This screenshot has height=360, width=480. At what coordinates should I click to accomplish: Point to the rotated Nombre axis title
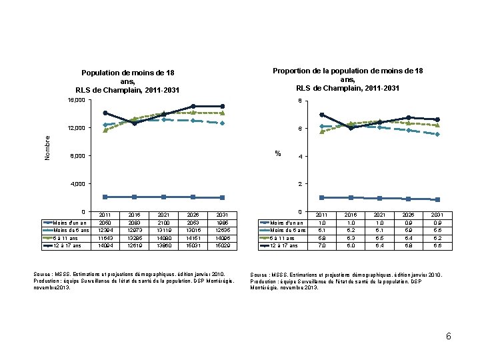47,147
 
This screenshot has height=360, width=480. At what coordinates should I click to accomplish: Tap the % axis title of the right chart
279,153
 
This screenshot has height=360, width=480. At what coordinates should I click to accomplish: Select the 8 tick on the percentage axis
300,101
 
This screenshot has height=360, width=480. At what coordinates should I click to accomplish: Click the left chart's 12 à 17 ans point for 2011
105,113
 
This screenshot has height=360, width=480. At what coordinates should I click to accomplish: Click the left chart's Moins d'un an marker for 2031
222,197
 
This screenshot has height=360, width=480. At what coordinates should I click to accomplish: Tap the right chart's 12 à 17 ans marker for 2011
321,115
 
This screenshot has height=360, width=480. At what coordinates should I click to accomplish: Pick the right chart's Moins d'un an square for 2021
379,198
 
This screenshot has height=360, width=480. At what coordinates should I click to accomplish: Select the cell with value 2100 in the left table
164,223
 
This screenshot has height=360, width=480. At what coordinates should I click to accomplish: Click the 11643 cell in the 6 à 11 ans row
105,237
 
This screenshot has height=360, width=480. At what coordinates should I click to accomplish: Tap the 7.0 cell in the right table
321,245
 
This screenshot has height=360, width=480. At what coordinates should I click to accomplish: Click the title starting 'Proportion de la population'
347,79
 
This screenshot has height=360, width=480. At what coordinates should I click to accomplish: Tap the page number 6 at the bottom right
449,336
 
